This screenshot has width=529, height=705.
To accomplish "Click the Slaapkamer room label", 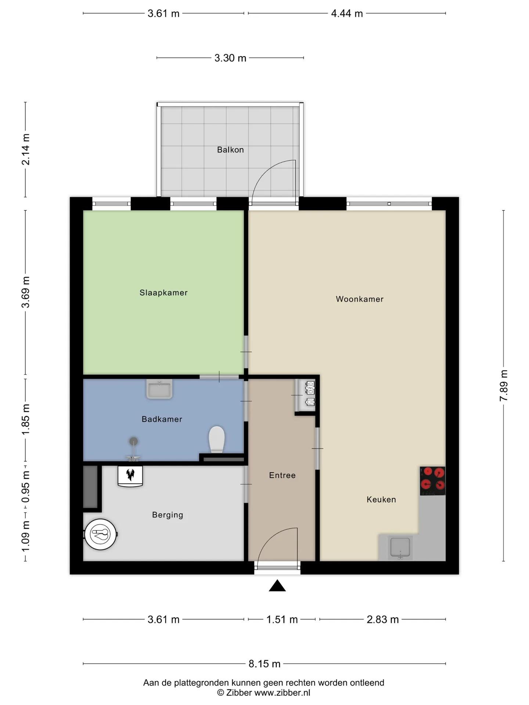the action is point(163,293).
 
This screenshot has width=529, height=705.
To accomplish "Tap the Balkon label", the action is point(230,150).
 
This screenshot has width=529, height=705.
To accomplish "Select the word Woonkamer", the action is point(360,299).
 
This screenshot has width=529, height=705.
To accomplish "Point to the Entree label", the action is point(282,476).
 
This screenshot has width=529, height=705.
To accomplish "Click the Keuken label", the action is point(381,499).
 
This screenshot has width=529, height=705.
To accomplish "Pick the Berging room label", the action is point(168,515).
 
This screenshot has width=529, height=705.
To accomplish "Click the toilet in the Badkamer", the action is point(217,439).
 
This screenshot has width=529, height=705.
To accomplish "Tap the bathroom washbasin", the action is point(159,389).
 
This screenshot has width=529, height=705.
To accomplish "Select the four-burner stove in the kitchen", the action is point(432,481).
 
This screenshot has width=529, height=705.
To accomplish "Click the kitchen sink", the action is point(400,547).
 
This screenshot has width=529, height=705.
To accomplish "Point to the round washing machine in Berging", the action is point(100,534).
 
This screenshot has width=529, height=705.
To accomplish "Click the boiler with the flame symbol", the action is point(130,476).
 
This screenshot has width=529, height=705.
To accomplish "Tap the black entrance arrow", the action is point(277,586).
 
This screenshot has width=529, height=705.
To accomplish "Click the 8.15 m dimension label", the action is point(264,664).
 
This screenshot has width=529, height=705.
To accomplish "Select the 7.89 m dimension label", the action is point(504,386).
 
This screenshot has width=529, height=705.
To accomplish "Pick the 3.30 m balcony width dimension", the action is point(230,58).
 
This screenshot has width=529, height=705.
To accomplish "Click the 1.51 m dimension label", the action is point(282,619).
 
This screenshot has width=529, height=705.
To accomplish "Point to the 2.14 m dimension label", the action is point(26,149).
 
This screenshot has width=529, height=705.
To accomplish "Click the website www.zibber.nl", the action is point(282,693).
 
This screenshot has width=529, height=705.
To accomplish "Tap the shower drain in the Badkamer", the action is point(133,441).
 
